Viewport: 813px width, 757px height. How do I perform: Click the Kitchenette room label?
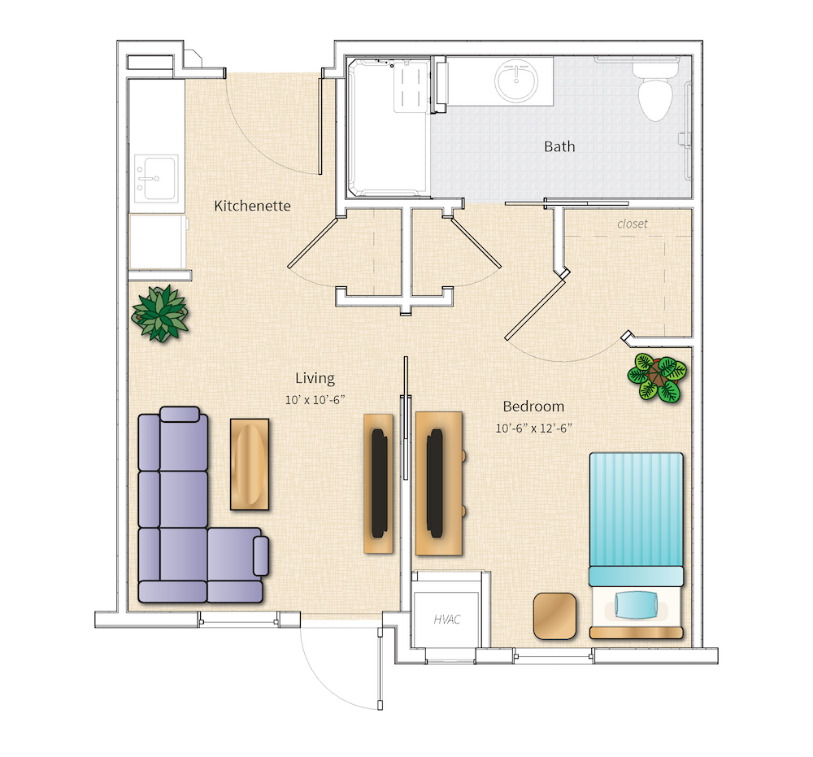252,206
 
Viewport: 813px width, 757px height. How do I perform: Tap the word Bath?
559,146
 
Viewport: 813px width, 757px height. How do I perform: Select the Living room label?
315,378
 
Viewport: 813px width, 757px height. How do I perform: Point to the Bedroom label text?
533,407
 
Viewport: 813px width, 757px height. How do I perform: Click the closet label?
633,224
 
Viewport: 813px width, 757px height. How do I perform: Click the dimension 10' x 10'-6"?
315,399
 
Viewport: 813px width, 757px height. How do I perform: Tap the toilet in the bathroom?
654,95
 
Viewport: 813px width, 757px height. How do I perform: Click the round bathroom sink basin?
516,82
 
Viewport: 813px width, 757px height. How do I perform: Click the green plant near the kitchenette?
161,313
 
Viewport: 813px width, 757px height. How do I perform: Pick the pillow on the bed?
635,603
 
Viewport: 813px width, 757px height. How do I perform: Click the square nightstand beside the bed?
556,616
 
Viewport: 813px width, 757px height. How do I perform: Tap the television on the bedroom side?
437,484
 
